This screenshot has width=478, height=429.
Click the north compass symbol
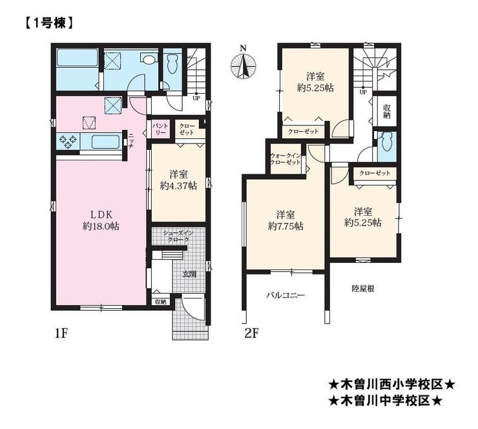pyautogui.click(x=243, y=64)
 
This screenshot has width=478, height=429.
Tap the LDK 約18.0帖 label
pyautogui.click(x=101, y=220)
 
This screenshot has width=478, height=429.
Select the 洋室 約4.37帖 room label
pyautogui.click(x=178, y=180)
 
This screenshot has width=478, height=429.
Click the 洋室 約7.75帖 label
pyautogui.click(x=286, y=220)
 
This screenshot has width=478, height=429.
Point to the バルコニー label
pyautogui.click(x=286, y=295)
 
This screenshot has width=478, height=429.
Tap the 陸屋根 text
pyautogui.click(x=363, y=288)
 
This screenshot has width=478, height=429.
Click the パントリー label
pyautogui.click(x=160, y=129)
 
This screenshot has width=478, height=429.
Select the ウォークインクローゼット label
pyautogui.click(x=286, y=159)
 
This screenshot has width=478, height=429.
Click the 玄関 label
pyautogui.click(x=189, y=274)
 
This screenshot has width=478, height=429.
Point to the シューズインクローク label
pyautogui.click(x=178, y=236)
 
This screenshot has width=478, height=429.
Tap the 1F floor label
pyautogui.click(x=61, y=333)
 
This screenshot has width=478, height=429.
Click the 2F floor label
pyautogui.click(x=251, y=333)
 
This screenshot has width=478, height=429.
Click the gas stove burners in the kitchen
pyautogui.click(x=68, y=141)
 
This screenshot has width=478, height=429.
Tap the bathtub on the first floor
pyautogui.click(x=77, y=58)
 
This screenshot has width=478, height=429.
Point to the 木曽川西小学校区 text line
pyautogui.click(x=391, y=384)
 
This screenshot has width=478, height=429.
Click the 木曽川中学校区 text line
pyautogui.click(x=386, y=401)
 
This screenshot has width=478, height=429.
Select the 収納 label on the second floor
pyautogui.click(x=387, y=111)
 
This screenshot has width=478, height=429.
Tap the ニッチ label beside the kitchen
pyautogui.click(x=131, y=141)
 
